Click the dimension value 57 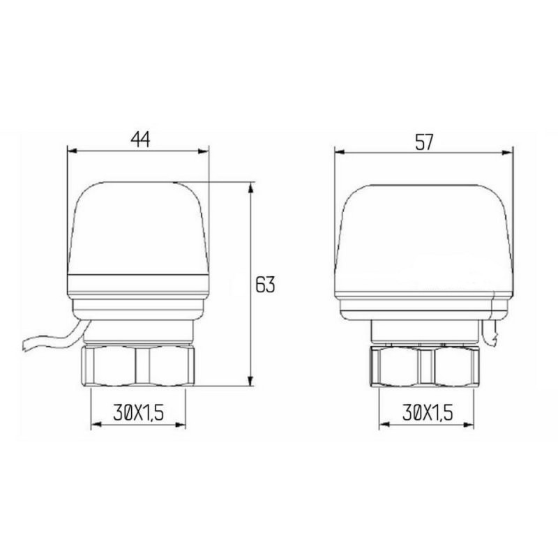[424, 141]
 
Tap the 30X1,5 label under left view [137, 414]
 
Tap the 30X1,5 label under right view [426, 414]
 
